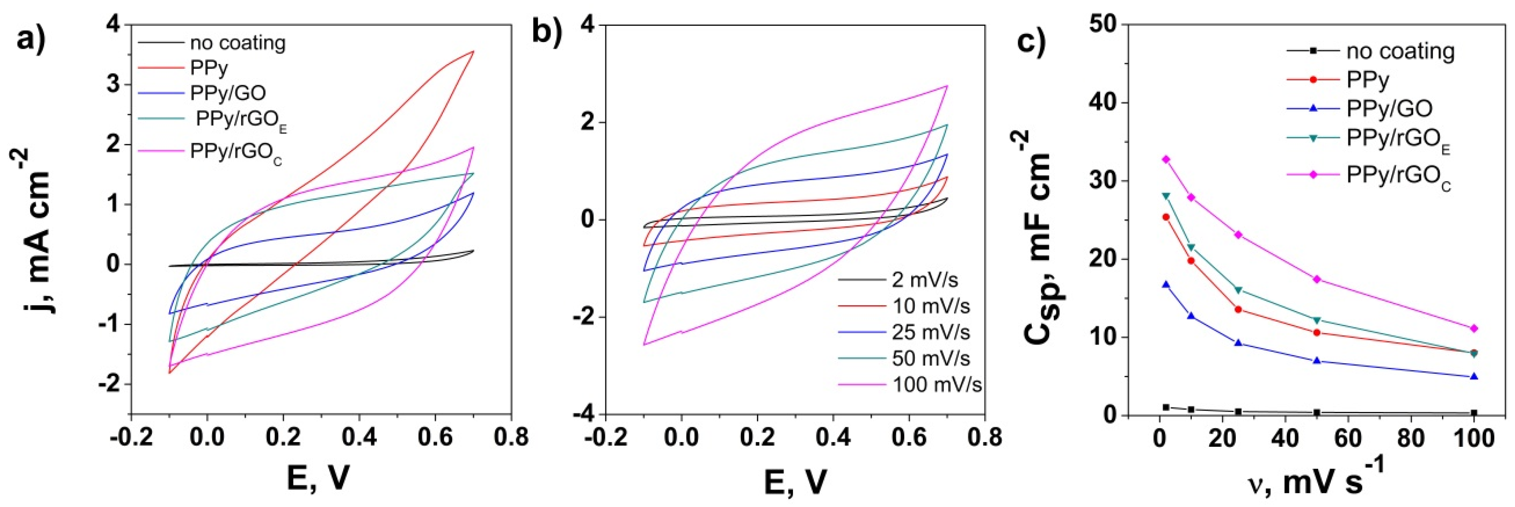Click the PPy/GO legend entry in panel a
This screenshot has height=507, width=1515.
click(227, 93)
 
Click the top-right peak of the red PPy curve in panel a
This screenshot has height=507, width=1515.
click(473, 52)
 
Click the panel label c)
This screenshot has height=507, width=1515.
click(1029, 41)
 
